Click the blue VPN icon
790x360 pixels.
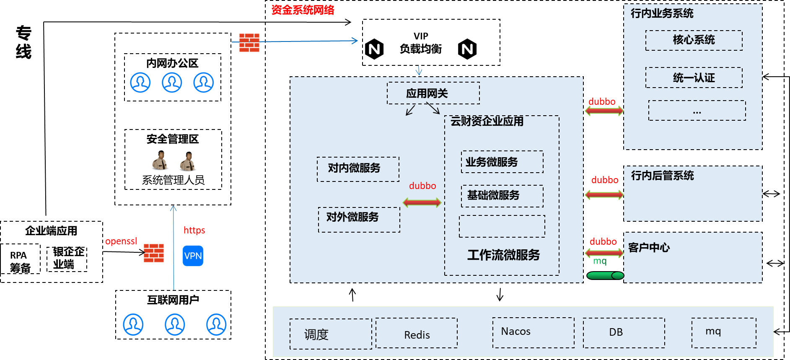(x=193, y=256)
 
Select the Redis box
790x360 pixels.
(x=416, y=333)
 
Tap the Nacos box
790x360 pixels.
(x=533, y=332)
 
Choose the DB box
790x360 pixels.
(x=624, y=333)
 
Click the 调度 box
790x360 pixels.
(x=331, y=334)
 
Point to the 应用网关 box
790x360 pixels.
(x=433, y=93)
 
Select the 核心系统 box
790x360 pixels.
(x=694, y=40)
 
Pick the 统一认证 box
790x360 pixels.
(x=694, y=78)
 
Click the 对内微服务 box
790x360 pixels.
(x=358, y=169)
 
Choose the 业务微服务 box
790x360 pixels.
(x=502, y=162)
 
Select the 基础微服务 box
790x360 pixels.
(x=502, y=196)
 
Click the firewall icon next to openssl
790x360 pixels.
(x=154, y=253)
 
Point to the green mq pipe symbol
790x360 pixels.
(x=605, y=275)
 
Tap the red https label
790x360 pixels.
(x=194, y=230)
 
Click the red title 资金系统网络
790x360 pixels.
(x=303, y=10)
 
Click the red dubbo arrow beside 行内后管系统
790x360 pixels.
(x=604, y=194)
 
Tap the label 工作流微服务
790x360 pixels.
(x=503, y=255)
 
